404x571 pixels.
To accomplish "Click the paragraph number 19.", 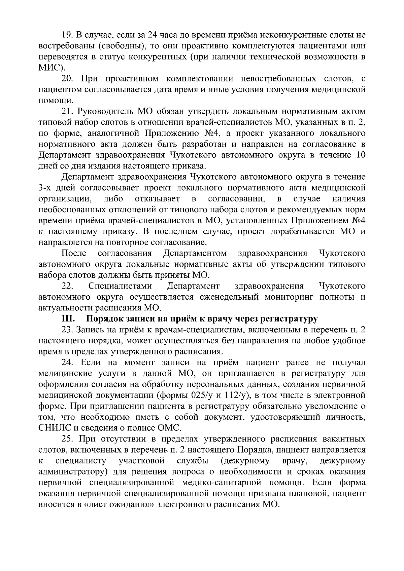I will [x=66, y=35].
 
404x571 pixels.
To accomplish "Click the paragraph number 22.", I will [x=67, y=286].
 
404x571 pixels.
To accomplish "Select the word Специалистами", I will [x=120, y=286].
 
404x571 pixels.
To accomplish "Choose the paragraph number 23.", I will [x=67, y=330].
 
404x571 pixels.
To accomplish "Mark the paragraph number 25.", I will [x=67, y=439].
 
